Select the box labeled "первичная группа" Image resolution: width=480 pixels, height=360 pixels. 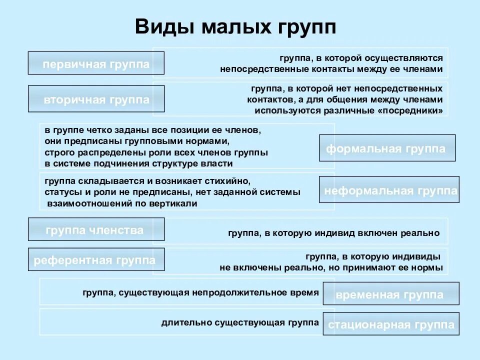(x=96, y=64)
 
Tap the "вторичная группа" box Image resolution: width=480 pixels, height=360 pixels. (x=96, y=99)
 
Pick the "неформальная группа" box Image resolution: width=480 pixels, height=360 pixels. (x=389, y=190)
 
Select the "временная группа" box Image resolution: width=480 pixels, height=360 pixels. (x=390, y=294)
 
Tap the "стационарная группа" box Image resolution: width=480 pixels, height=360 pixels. (x=391, y=325)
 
